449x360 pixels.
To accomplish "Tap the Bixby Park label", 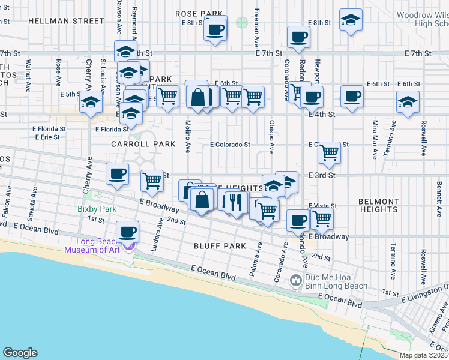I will tap(95, 209).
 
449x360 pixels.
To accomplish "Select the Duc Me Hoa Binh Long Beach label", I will tap(336, 281).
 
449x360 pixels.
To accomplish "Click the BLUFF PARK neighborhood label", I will tap(220, 246).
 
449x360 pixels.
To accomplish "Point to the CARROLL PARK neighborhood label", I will tap(143, 144).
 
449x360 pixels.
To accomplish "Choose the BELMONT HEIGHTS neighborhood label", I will tap(378, 205).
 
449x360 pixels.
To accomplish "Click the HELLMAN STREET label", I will tap(66, 20).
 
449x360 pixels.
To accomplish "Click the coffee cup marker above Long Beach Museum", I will tap(127, 232).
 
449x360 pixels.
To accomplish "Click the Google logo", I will tap(20, 353).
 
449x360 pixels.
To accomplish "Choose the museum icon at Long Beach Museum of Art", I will tap(128, 246).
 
